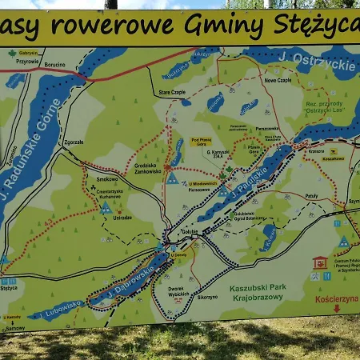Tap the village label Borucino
point(54,64)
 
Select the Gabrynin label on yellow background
point(27,53)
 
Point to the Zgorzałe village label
point(74,141)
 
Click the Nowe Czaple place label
point(278,80)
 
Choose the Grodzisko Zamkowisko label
point(147,167)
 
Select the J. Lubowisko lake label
point(57,306)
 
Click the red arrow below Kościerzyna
point(337,309)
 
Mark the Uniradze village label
point(122,217)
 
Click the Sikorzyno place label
point(206,297)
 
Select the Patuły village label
point(311,194)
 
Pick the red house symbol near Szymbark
point(320,262)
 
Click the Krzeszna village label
point(316,150)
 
